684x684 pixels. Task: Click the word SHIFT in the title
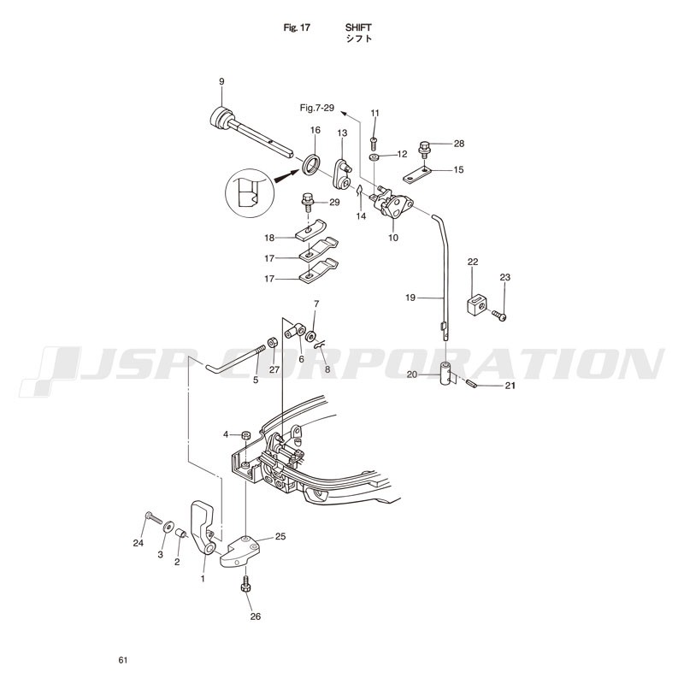(x=358, y=27)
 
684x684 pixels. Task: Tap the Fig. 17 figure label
(x=297, y=27)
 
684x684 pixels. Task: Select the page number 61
(x=123, y=660)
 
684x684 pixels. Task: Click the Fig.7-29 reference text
(x=317, y=108)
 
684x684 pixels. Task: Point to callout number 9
(x=221, y=81)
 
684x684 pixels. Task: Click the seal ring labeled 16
(x=312, y=165)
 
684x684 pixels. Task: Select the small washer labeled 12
(x=374, y=156)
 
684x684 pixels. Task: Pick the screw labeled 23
(x=499, y=315)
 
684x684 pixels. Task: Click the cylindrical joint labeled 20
(x=445, y=374)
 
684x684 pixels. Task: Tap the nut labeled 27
(x=272, y=341)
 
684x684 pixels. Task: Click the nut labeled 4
(x=246, y=434)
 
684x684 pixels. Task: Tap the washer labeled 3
(x=168, y=527)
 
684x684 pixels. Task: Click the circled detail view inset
(x=249, y=193)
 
